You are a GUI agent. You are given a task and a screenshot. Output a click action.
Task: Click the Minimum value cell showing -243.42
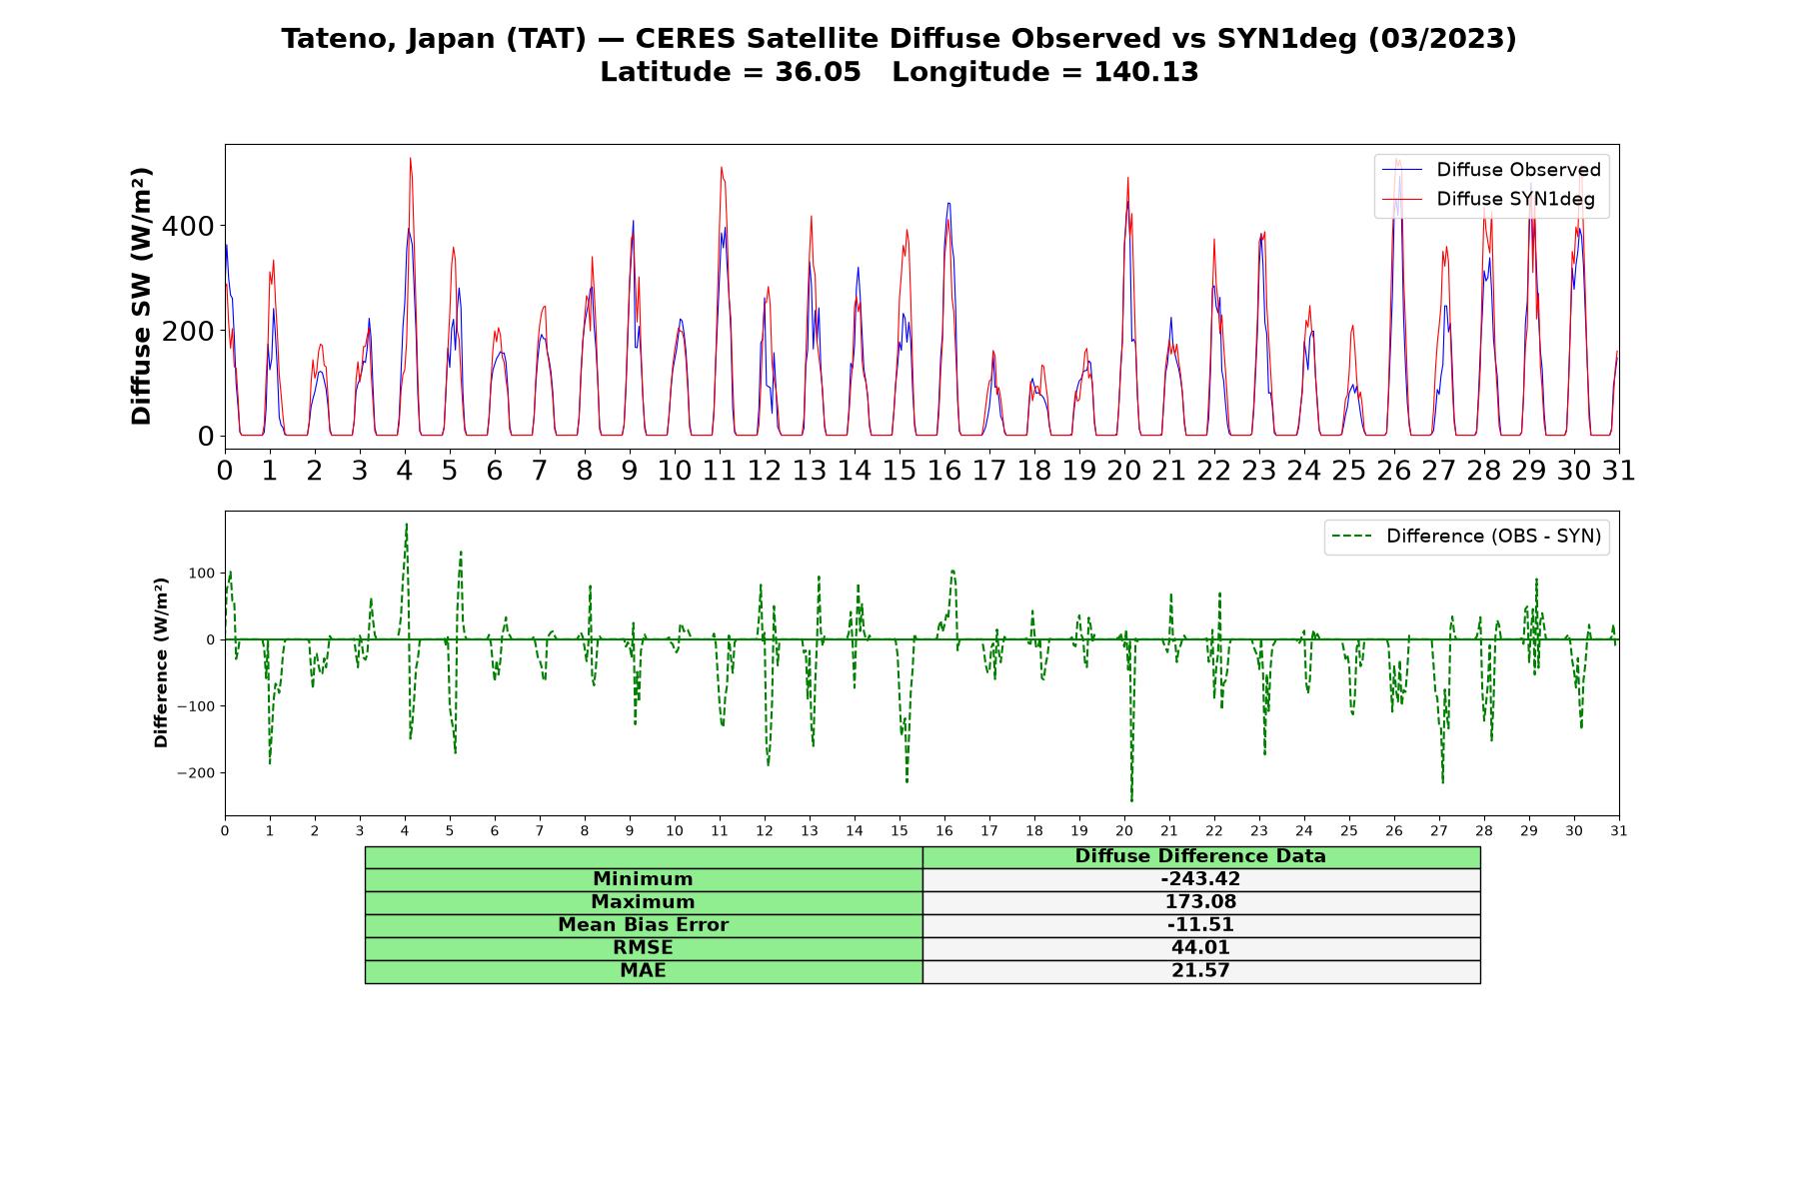(1200, 879)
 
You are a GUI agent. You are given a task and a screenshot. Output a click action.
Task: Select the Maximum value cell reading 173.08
(1200, 902)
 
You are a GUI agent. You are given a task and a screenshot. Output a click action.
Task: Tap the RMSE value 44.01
(1200, 948)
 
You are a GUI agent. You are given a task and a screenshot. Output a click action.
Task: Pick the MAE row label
(643, 971)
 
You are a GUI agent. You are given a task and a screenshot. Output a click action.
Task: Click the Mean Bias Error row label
(643, 925)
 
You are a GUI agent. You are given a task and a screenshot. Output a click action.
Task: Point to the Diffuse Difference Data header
(1200, 856)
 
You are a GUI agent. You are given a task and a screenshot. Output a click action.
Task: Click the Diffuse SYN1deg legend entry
(1488, 199)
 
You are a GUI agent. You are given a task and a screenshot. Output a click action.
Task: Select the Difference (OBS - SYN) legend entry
(1467, 537)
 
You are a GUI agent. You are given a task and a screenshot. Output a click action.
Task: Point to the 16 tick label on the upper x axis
(944, 470)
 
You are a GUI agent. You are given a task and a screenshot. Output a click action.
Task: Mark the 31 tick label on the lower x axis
(1619, 830)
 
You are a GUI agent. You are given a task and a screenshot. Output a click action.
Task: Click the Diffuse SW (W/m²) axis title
(141, 297)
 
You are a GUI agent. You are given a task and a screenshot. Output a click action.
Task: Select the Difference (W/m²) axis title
(161, 662)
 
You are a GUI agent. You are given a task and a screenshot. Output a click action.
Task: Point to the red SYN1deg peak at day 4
(410, 158)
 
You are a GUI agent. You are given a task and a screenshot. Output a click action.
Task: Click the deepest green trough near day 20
(1131, 800)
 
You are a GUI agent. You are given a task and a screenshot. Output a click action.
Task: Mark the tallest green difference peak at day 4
(406, 524)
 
